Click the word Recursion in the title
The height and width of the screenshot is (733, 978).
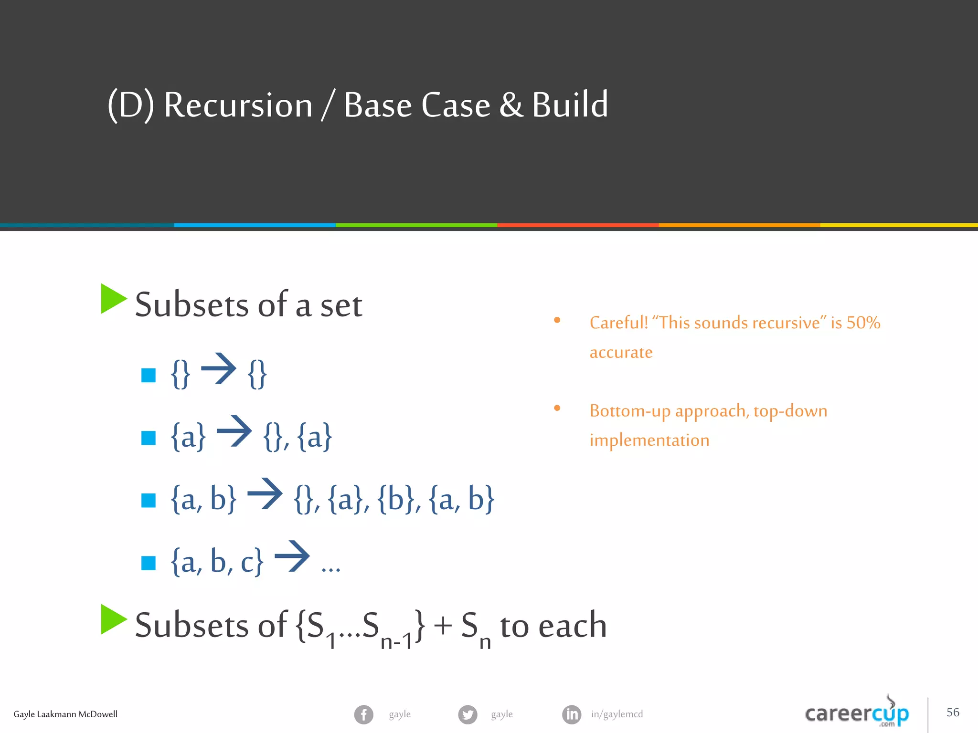(238, 105)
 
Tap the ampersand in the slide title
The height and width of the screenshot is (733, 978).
(511, 105)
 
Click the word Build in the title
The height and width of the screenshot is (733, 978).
(570, 105)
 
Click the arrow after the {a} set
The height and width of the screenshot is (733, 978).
(234, 431)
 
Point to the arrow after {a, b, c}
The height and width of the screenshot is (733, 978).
(292, 556)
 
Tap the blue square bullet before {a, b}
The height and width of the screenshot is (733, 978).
(149, 500)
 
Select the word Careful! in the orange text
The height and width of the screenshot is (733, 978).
(618, 323)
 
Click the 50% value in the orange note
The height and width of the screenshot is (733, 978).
(863, 323)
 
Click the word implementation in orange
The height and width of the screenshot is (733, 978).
(649, 440)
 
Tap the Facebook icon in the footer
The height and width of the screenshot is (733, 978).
(364, 714)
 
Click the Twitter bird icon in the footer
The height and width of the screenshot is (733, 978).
(468, 714)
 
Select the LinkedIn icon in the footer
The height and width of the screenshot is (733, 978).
(572, 714)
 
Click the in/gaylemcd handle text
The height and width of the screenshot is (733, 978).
(617, 714)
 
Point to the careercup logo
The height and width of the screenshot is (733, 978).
(857, 713)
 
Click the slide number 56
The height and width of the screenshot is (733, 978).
(953, 712)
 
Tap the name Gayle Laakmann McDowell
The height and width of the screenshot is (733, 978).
(65, 714)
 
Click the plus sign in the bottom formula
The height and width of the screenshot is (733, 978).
(443, 625)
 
